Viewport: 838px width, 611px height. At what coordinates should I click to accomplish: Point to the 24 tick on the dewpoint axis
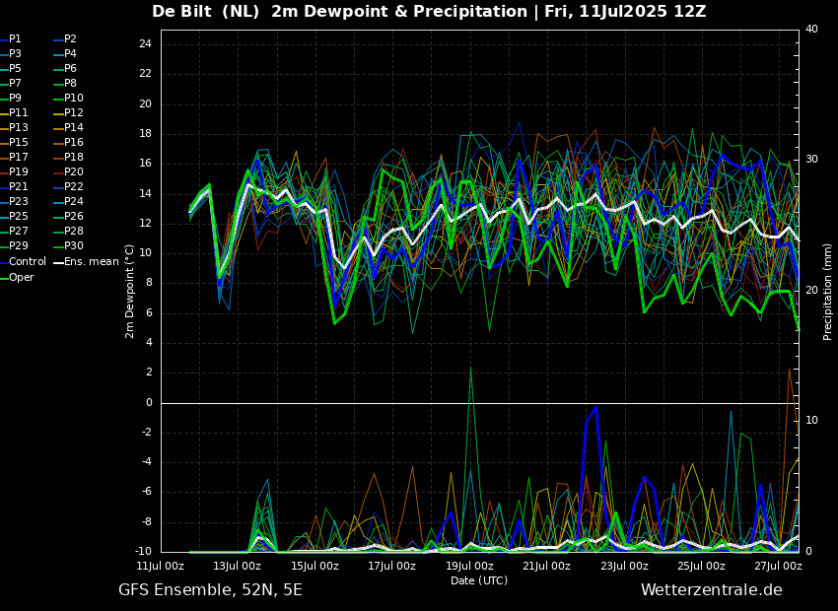(145, 43)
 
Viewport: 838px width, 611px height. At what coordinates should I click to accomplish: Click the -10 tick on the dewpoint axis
(144, 551)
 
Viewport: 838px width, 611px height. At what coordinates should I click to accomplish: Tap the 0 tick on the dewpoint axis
(149, 402)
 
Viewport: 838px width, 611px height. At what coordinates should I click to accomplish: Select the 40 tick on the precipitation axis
(811, 29)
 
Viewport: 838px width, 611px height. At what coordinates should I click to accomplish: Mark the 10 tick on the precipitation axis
(811, 421)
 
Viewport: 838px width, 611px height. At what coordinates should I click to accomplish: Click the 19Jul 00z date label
(469, 566)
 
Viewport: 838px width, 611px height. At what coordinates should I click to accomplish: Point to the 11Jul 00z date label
(161, 566)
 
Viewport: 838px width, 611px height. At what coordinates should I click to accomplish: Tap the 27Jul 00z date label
(779, 566)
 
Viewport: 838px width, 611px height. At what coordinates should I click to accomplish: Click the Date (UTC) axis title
(479, 580)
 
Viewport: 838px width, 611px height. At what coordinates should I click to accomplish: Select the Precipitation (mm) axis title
(828, 291)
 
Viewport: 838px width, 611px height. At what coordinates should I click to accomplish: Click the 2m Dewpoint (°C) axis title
(129, 291)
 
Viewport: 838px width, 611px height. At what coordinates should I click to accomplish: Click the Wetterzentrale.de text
(712, 590)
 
